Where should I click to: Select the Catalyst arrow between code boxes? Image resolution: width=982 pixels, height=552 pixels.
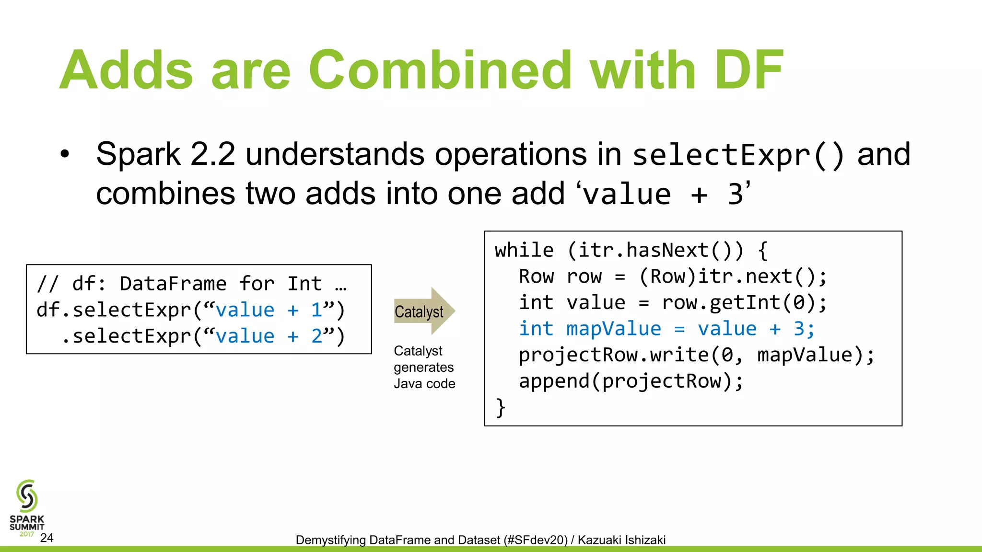(x=424, y=311)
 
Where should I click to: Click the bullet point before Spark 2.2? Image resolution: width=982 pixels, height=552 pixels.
(x=65, y=155)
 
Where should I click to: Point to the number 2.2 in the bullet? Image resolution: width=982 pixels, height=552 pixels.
(x=212, y=155)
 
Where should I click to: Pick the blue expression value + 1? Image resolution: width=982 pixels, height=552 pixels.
(x=269, y=310)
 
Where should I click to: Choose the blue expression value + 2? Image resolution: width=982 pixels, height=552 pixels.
(x=269, y=336)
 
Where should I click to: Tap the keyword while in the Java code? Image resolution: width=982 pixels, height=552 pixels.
(x=524, y=250)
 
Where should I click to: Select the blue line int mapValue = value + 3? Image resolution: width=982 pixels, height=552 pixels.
(x=666, y=329)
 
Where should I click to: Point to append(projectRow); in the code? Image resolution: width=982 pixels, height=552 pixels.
(x=631, y=381)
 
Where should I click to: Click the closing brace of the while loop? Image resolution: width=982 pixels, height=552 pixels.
(x=501, y=407)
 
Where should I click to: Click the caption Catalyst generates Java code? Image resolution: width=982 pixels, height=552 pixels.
(x=424, y=367)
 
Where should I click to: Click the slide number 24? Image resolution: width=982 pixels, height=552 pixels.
(x=47, y=538)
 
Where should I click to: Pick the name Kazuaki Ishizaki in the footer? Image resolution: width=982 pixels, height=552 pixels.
(x=621, y=540)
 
